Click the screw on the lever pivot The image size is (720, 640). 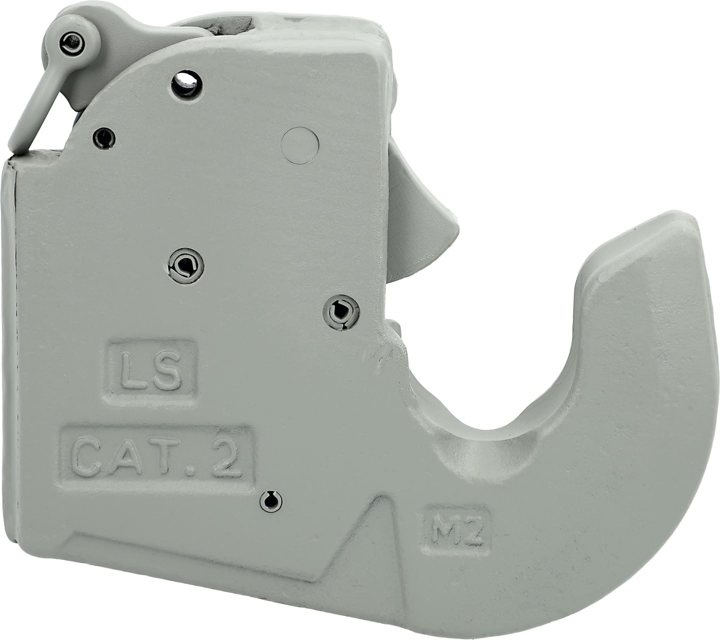(72, 44)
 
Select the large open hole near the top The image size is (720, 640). (186, 84)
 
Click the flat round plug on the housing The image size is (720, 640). (299, 145)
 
